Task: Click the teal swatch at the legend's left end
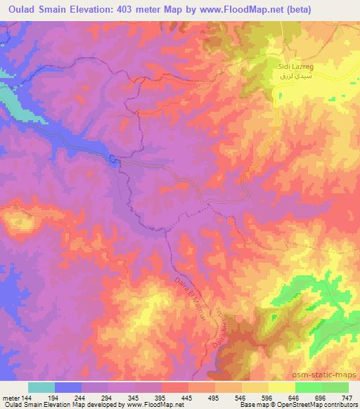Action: click(41, 387)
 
